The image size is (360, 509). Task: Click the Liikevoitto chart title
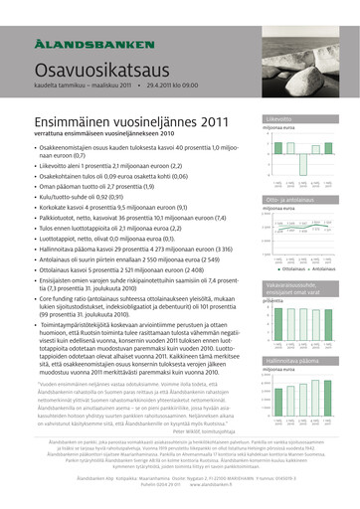tap(279, 119)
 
